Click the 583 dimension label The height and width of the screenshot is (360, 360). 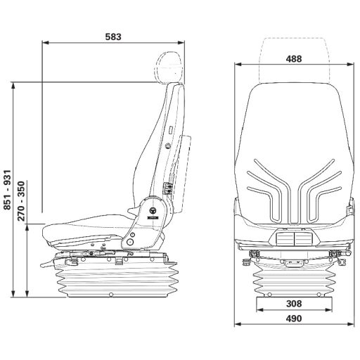point(113,37)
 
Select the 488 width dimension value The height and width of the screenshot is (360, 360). point(294,58)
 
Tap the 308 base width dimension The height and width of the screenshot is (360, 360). point(294,304)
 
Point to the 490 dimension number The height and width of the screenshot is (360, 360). point(294,319)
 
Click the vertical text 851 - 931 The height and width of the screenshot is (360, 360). point(7,190)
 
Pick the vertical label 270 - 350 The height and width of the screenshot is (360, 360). point(21,201)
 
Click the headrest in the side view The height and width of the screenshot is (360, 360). point(169,67)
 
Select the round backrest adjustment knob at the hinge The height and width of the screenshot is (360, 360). point(153,211)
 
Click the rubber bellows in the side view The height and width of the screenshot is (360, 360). point(117,279)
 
